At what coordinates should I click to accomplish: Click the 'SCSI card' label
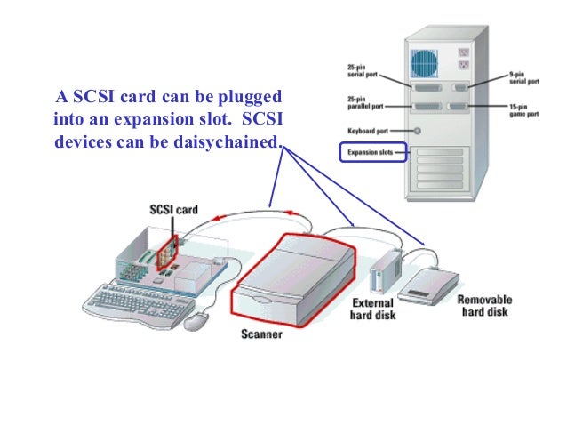[x=172, y=211]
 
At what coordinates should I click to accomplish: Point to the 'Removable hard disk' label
[x=484, y=306]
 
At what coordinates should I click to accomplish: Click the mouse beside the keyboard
[x=196, y=320]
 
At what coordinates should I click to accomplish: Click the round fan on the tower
[x=425, y=62]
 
